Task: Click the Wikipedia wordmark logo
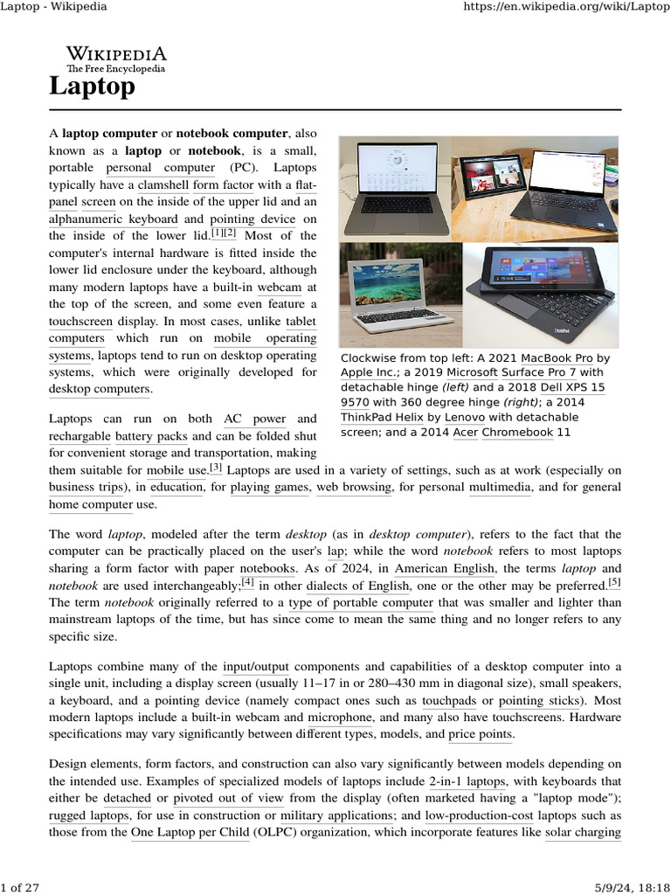115,58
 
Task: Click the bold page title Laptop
92,87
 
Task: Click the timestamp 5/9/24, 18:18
628,887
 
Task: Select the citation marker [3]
215,468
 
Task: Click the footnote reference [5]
615,582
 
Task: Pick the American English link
432,568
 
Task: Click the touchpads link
449,701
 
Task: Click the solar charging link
583,832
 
